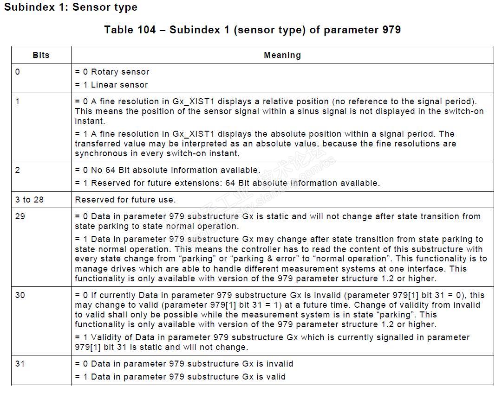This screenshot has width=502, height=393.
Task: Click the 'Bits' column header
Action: tap(41, 55)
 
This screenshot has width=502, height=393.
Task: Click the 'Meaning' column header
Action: tap(282, 55)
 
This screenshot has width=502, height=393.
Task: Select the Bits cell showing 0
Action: tap(18, 72)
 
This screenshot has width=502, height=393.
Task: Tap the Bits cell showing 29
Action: tap(20, 216)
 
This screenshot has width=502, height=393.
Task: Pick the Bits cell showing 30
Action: tap(20, 295)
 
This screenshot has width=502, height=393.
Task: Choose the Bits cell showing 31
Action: tap(20, 364)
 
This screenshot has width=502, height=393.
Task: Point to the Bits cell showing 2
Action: tap(18, 170)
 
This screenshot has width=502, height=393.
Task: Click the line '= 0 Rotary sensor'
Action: tap(112, 72)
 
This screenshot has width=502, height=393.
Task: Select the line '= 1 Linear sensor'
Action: tap(111, 85)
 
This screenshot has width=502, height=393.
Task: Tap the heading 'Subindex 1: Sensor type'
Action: tap(71, 7)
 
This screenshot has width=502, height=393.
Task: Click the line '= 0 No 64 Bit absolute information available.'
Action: tap(168, 170)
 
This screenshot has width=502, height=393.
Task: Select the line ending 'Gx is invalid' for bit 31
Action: tap(184, 364)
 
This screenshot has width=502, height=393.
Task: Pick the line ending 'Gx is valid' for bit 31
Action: tap(180, 377)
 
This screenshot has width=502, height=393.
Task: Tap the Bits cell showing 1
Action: tap(18, 101)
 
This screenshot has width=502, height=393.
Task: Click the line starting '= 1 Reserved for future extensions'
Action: tap(227, 183)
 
